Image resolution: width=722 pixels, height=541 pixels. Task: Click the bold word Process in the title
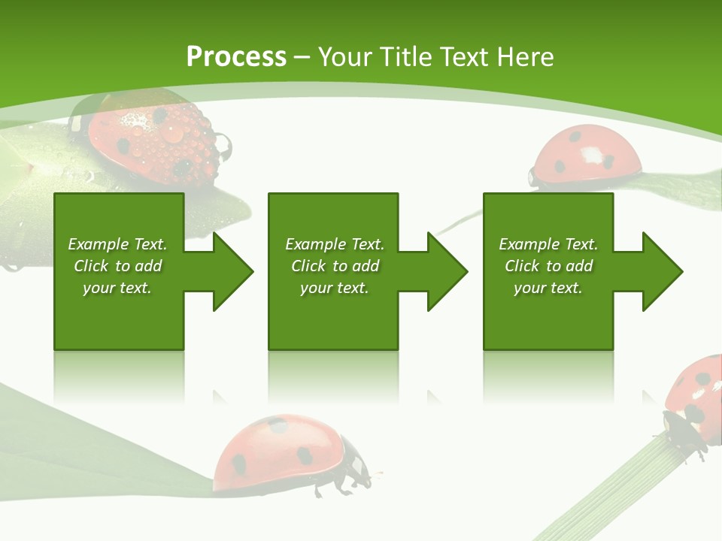(236, 57)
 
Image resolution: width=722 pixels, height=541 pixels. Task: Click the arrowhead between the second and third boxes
(446, 271)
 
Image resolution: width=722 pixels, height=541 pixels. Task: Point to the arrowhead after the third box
(661, 271)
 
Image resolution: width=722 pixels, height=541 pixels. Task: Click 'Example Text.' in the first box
(117, 244)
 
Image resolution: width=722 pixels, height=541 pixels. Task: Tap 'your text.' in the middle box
(334, 288)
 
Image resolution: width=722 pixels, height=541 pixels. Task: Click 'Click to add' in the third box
(548, 266)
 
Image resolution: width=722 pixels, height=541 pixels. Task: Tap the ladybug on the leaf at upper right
(587, 158)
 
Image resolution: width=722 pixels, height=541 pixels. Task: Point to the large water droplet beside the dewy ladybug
(223, 143)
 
